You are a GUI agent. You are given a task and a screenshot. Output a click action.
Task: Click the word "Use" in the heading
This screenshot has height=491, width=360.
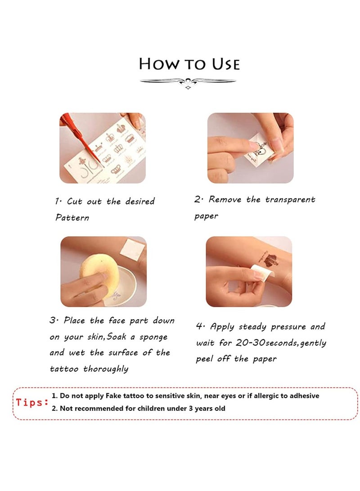226,64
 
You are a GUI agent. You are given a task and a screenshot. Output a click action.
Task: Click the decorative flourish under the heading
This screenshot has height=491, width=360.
188,83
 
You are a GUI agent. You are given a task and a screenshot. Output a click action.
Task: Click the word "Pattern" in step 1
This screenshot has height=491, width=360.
72,217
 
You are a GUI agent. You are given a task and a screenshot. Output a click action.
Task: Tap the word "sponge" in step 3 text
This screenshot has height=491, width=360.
153,337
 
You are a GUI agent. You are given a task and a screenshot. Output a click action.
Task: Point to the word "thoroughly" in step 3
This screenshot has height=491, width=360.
106,369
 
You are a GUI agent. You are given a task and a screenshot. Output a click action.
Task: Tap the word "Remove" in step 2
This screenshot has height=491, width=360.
225,199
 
